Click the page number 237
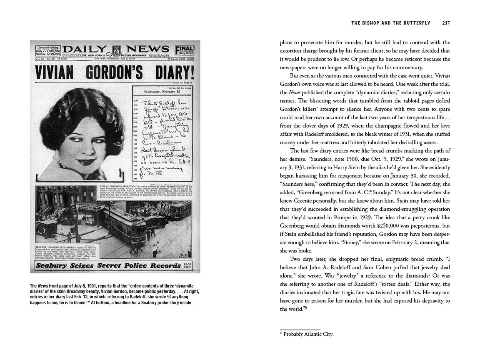coord(446,23)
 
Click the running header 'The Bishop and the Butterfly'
coord(390,23)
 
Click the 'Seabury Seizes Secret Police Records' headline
coord(107,265)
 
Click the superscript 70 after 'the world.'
coord(305,308)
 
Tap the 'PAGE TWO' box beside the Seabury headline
coord(187,265)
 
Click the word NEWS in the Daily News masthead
coord(148,49)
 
